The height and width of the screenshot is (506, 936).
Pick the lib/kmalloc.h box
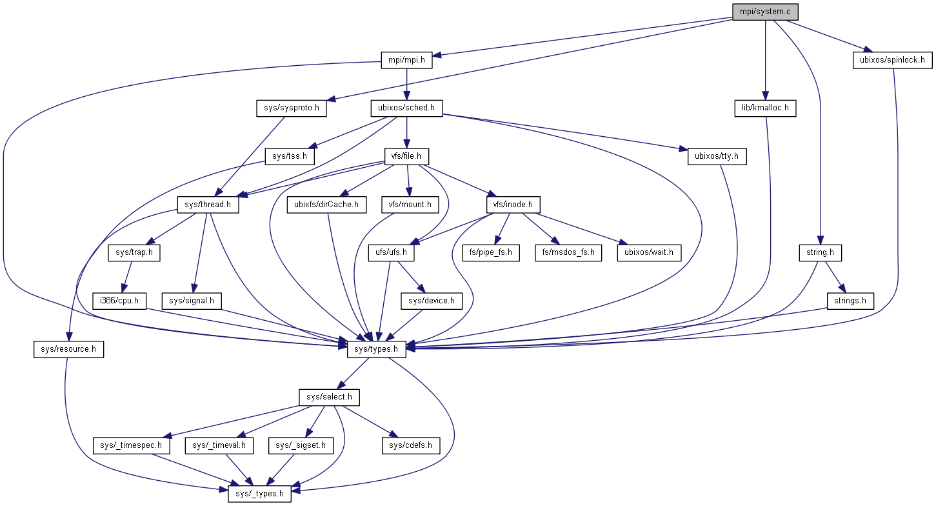(765, 108)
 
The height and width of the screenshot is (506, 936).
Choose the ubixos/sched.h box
(406, 108)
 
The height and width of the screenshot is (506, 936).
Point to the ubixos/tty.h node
(717, 156)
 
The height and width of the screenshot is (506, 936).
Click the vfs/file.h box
(406, 156)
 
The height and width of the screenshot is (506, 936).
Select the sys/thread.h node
(208, 205)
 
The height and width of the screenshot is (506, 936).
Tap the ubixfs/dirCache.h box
(326, 205)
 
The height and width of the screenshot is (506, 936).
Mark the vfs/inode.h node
(512, 205)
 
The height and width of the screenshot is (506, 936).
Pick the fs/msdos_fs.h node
(568, 252)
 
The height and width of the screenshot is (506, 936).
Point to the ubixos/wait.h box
(649, 252)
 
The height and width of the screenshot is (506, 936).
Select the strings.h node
(850, 300)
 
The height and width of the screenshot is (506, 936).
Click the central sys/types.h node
(376, 349)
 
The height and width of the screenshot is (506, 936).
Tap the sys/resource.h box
(68, 349)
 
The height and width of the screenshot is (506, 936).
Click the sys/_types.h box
(259, 494)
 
